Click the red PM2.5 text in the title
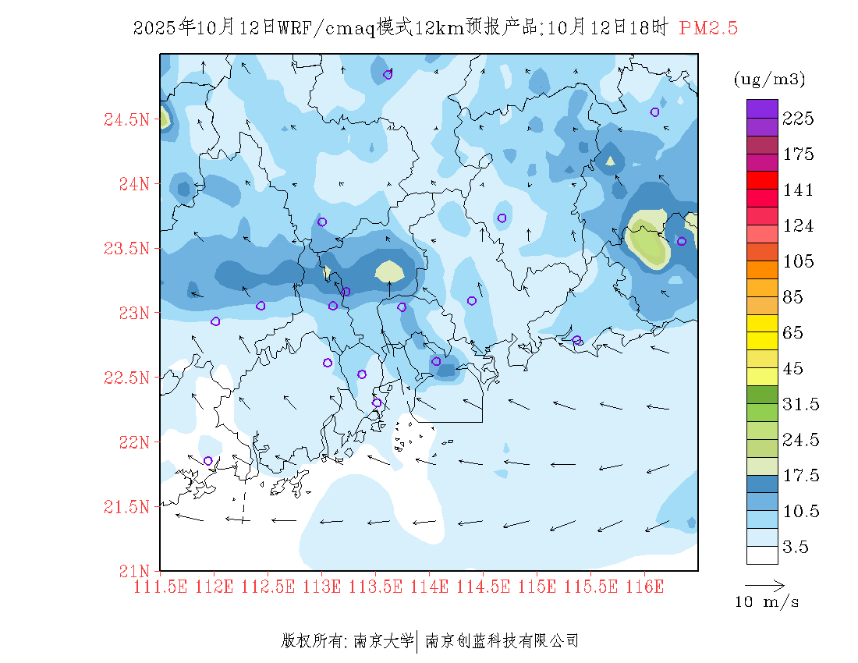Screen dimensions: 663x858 (x=708, y=29)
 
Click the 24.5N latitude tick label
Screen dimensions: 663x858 (x=126, y=120)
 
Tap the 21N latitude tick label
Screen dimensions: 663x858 (x=132, y=571)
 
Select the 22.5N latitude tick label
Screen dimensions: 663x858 (x=126, y=378)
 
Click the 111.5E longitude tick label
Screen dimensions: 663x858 (x=161, y=587)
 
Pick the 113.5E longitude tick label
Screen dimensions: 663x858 (x=375, y=587)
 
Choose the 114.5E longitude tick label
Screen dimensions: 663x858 (x=483, y=587)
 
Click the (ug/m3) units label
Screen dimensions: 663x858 (x=769, y=80)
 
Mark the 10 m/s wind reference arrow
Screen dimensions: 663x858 (x=764, y=584)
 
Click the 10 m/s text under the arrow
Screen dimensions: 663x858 (x=767, y=602)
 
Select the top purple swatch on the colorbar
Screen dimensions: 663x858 (x=762, y=108)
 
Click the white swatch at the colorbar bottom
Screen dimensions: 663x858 (x=762, y=555)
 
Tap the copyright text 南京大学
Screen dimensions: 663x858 (x=383, y=641)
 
